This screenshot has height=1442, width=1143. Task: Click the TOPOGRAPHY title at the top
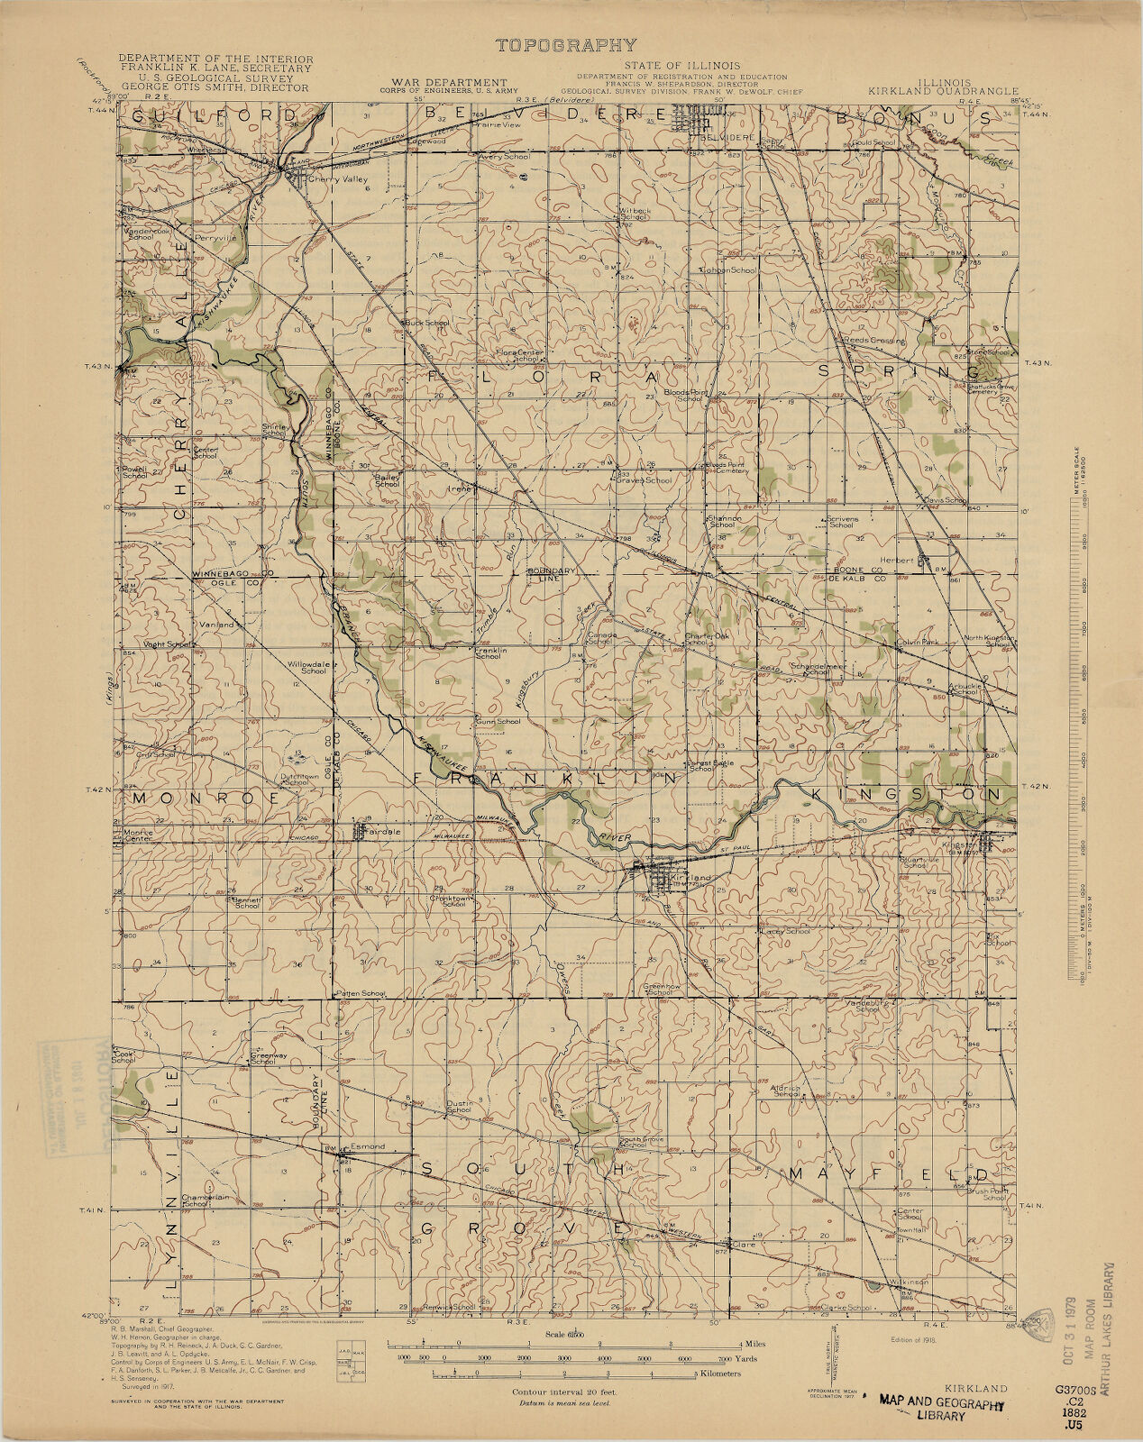pos(565,45)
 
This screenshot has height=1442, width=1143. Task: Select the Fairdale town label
pos(383,831)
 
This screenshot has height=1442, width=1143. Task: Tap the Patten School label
pos(361,993)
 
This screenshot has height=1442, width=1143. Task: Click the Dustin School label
pos(460,1106)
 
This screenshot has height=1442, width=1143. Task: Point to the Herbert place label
pos(903,560)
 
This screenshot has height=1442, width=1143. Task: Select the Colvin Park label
pos(919,643)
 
